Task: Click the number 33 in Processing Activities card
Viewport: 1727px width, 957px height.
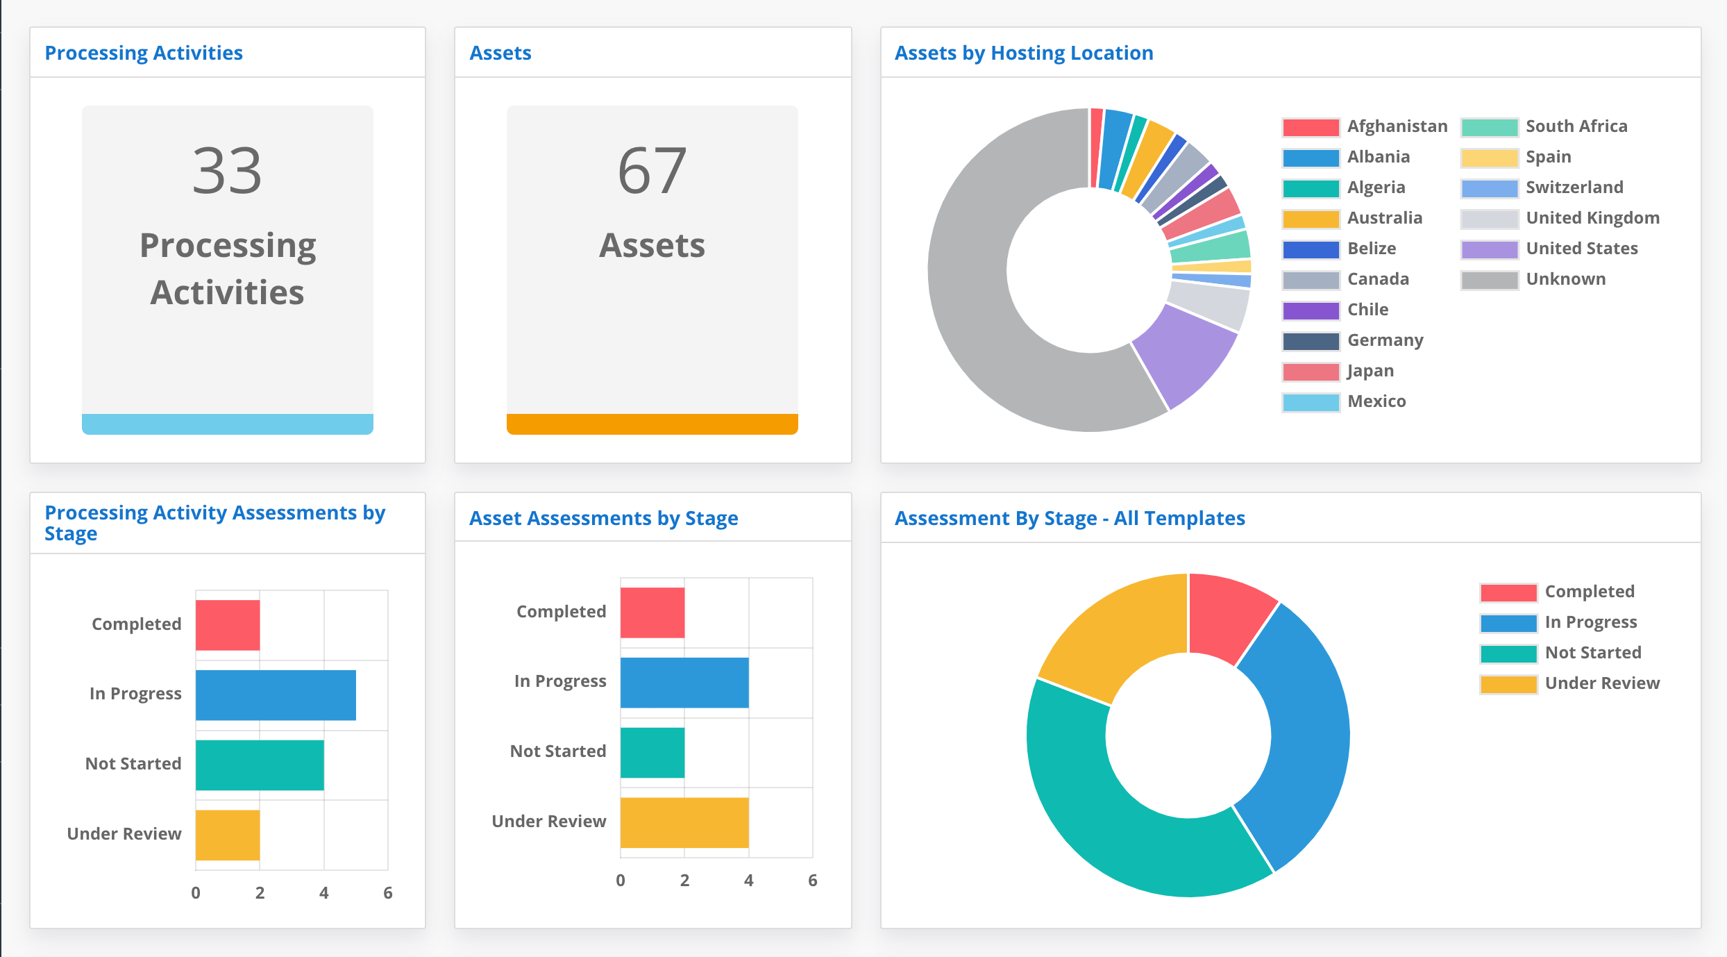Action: click(227, 171)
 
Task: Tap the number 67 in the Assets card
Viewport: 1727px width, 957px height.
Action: click(652, 171)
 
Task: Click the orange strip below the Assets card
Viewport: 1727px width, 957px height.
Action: click(652, 424)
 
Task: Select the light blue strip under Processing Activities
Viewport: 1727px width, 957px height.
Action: click(227, 424)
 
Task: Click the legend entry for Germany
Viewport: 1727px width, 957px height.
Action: click(1385, 340)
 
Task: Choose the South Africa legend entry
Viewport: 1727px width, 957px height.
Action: click(1576, 126)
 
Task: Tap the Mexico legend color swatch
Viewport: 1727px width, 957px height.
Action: click(1311, 402)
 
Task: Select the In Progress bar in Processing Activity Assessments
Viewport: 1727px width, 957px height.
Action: click(276, 694)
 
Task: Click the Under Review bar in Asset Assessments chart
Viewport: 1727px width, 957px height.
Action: click(684, 822)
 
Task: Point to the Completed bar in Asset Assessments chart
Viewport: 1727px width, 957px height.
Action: click(652, 613)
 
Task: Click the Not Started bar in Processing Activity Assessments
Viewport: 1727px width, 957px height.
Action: click(259, 765)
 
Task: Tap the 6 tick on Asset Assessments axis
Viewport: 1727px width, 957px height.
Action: click(812, 881)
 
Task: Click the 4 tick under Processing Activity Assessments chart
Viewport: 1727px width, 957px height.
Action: click(323, 893)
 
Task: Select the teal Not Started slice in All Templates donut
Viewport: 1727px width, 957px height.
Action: click(1104, 813)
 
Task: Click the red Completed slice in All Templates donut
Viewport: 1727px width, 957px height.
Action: click(1229, 615)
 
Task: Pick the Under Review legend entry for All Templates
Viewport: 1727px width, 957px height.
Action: click(1601, 683)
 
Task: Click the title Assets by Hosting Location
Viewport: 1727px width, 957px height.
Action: click(1023, 53)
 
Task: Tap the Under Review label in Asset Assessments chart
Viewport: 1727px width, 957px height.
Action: click(548, 822)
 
